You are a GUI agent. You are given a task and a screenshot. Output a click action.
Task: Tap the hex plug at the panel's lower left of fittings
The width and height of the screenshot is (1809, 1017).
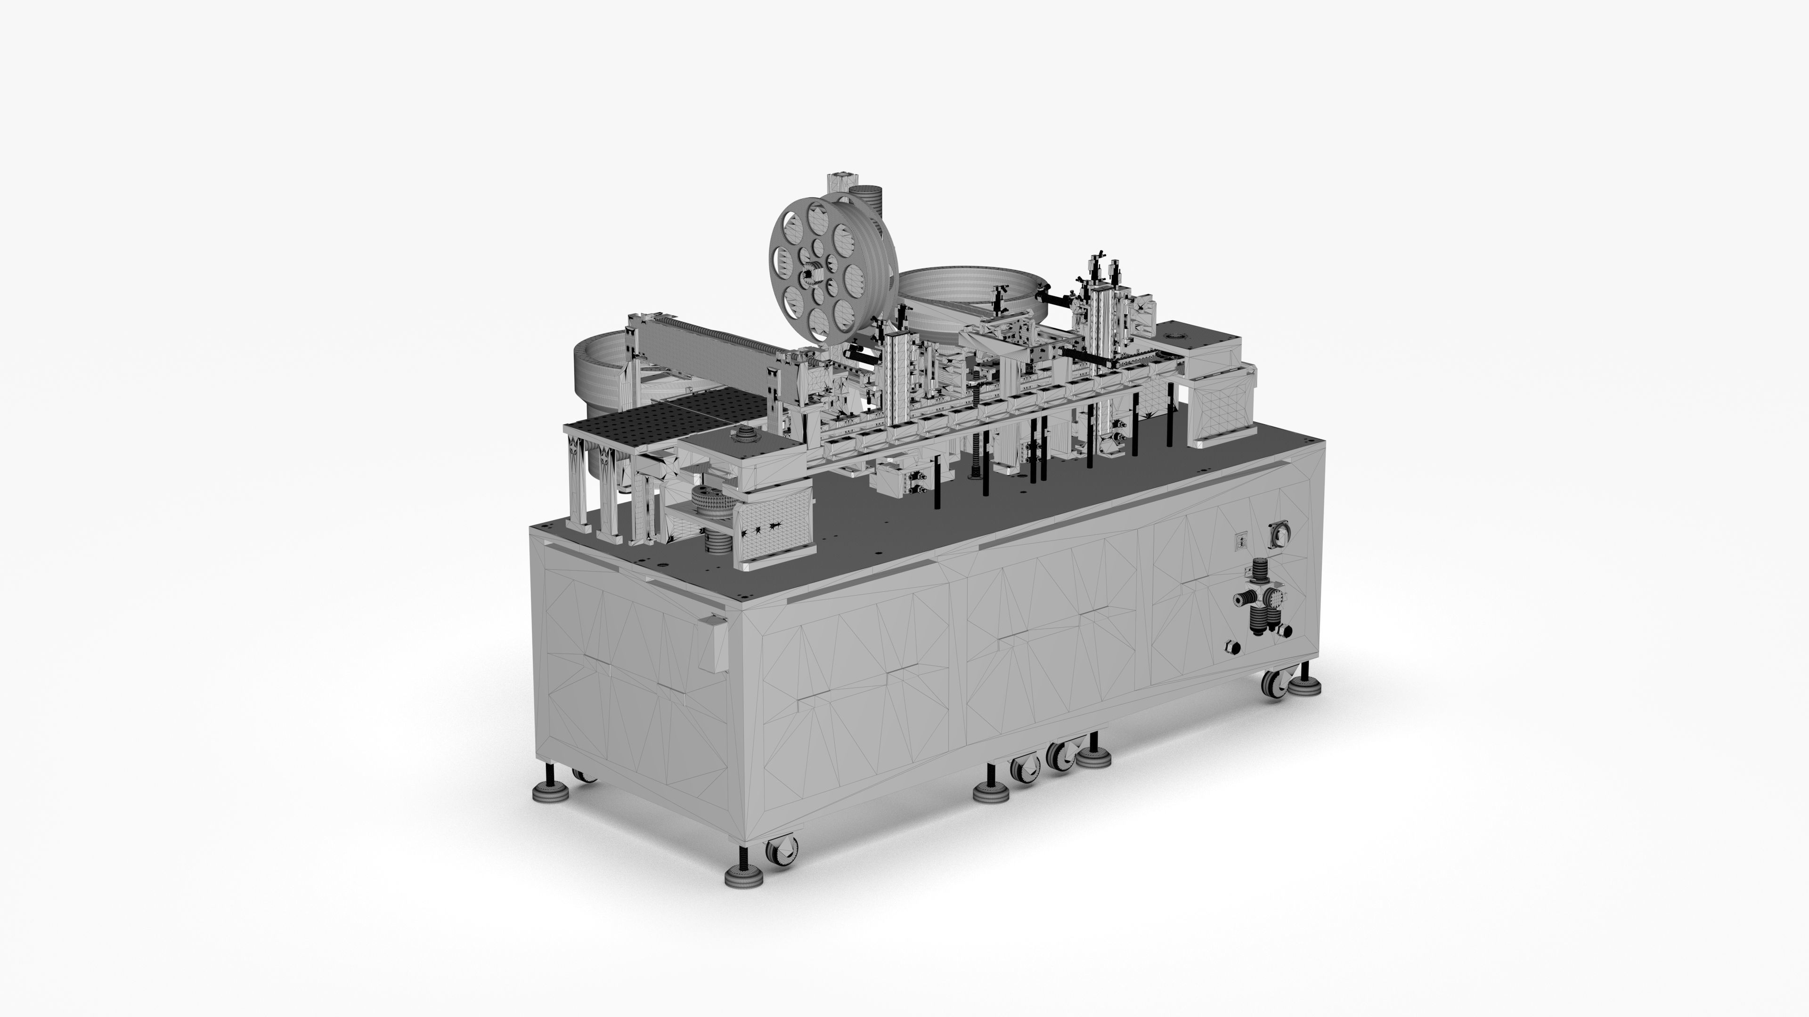pos(1231,646)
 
